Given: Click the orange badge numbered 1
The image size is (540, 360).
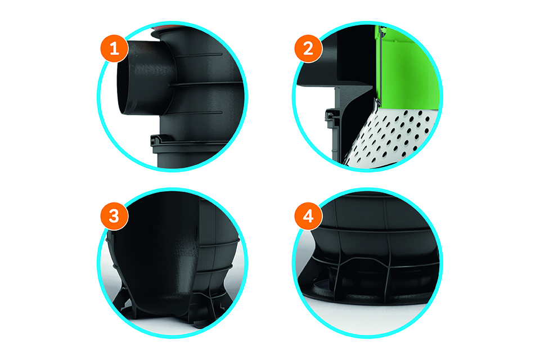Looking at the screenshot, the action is pyautogui.click(x=114, y=48).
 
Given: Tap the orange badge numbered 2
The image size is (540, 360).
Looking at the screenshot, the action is pyautogui.click(x=308, y=48).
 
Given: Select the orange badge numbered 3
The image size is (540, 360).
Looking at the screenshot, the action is pyautogui.click(x=114, y=217).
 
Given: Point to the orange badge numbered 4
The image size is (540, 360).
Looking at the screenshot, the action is pyautogui.click(x=308, y=217).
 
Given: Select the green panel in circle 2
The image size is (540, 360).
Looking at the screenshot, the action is pyautogui.click(x=406, y=69).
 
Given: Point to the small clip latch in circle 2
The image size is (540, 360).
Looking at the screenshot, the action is pyautogui.click(x=331, y=114).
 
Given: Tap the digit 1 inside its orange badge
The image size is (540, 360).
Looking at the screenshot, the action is pyautogui.click(x=114, y=48).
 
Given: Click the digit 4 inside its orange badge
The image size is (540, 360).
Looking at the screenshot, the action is pyautogui.click(x=308, y=217).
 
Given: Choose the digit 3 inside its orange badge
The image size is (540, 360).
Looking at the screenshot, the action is pyautogui.click(x=114, y=217).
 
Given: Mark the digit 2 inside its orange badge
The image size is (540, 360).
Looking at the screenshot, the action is pyautogui.click(x=308, y=48).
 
